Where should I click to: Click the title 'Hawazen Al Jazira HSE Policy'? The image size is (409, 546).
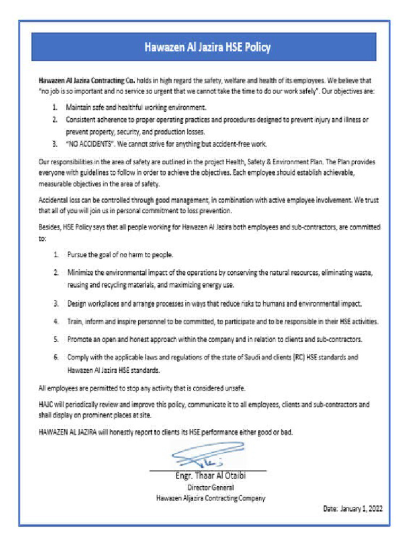click(207, 47)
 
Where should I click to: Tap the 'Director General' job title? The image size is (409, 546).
click(210, 487)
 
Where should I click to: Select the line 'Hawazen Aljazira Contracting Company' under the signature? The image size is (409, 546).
click(210, 499)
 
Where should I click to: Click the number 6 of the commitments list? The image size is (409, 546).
click(55, 357)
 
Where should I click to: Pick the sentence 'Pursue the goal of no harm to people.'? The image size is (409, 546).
click(120, 254)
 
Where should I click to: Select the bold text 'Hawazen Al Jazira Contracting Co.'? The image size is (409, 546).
click(86, 81)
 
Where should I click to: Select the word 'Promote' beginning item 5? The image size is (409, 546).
click(80, 339)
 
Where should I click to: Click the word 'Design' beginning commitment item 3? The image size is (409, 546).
click(78, 304)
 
